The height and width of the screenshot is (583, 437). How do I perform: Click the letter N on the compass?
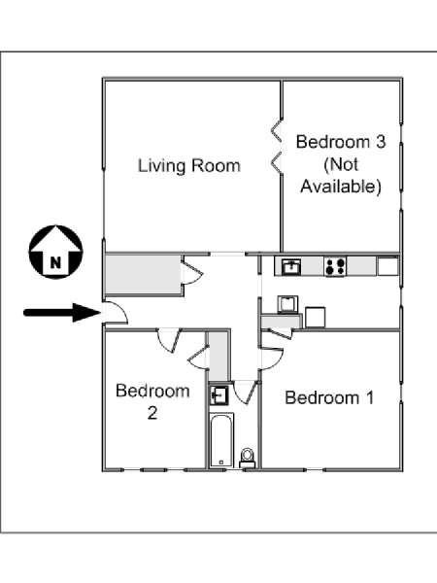55,263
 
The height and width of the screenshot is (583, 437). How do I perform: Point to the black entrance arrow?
62,312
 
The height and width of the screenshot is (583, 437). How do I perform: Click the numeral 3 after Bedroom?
380,142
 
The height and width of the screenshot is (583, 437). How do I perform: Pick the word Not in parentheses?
341,164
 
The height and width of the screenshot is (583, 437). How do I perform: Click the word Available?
341,187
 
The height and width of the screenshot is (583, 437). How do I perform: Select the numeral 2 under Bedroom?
152,413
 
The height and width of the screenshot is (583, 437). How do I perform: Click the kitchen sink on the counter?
291,266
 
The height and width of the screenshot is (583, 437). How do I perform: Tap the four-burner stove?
335,266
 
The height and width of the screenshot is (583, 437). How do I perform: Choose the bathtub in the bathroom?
221,441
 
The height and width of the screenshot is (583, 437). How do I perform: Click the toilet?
247,458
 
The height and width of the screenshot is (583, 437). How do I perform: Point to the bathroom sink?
218,394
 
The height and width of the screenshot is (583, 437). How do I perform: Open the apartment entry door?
116,313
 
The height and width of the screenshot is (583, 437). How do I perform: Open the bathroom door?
245,393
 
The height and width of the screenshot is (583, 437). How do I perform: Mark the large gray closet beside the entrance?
143,274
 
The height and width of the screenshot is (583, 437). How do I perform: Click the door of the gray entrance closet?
191,273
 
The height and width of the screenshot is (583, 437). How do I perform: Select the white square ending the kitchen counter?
387,266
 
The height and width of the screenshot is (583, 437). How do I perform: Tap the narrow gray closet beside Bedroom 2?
218,357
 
